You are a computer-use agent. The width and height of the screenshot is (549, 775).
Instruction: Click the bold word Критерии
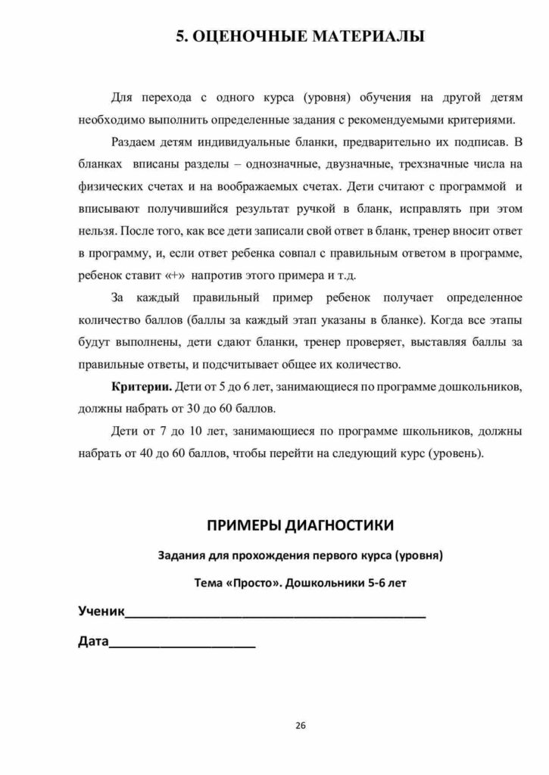(141, 387)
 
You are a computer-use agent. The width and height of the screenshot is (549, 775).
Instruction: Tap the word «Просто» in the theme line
(251, 584)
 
